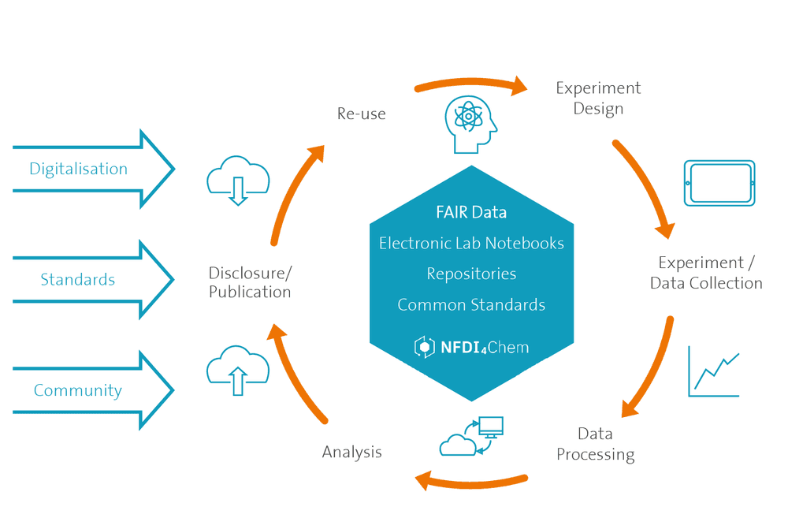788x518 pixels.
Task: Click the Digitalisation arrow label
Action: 78,169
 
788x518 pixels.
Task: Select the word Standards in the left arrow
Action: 78,280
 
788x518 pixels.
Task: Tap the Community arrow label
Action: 78,390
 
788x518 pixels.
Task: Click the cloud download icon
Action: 238,180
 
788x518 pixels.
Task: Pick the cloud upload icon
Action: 238,370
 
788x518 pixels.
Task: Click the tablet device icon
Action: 719,183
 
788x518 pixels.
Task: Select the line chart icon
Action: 714,371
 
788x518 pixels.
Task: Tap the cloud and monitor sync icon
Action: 471,436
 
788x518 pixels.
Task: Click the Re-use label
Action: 362,114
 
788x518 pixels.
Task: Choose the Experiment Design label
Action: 598,98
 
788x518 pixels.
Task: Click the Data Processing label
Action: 596,444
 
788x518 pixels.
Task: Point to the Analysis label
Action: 351,452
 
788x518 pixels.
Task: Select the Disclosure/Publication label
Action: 250,282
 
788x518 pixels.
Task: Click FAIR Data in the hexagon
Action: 471,212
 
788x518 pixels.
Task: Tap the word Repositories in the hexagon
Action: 471,274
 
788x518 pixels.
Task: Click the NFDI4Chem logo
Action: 471,347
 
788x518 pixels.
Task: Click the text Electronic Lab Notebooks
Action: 471,244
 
